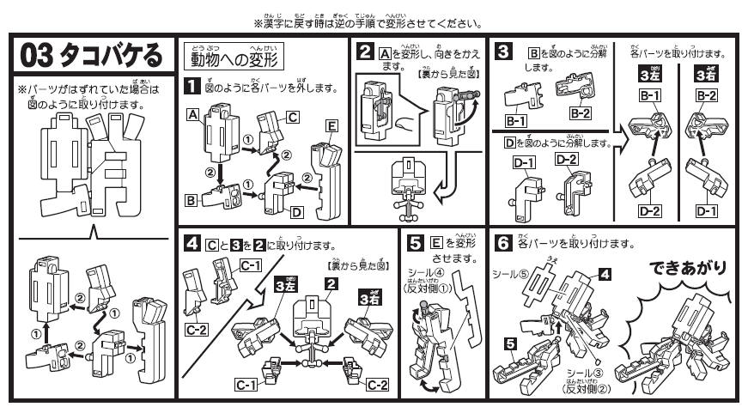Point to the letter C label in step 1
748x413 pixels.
pos(293,117)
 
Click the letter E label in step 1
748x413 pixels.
pos(332,125)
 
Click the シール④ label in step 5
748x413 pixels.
pos(427,272)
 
